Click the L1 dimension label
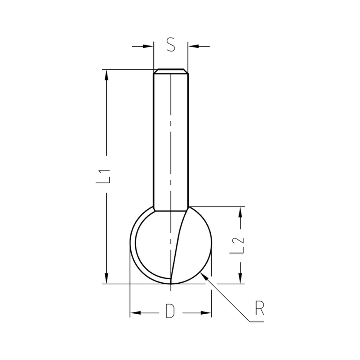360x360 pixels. [x=103, y=176]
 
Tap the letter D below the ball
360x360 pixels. [x=170, y=311]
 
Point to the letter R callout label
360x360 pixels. [x=259, y=309]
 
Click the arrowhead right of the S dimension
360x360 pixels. [x=193, y=46]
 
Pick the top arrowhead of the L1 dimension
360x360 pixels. [x=107, y=75]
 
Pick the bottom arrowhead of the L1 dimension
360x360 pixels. [x=107, y=279]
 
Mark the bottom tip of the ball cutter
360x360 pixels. [x=171, y=284]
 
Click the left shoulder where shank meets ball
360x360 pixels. [x=153, y=208]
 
